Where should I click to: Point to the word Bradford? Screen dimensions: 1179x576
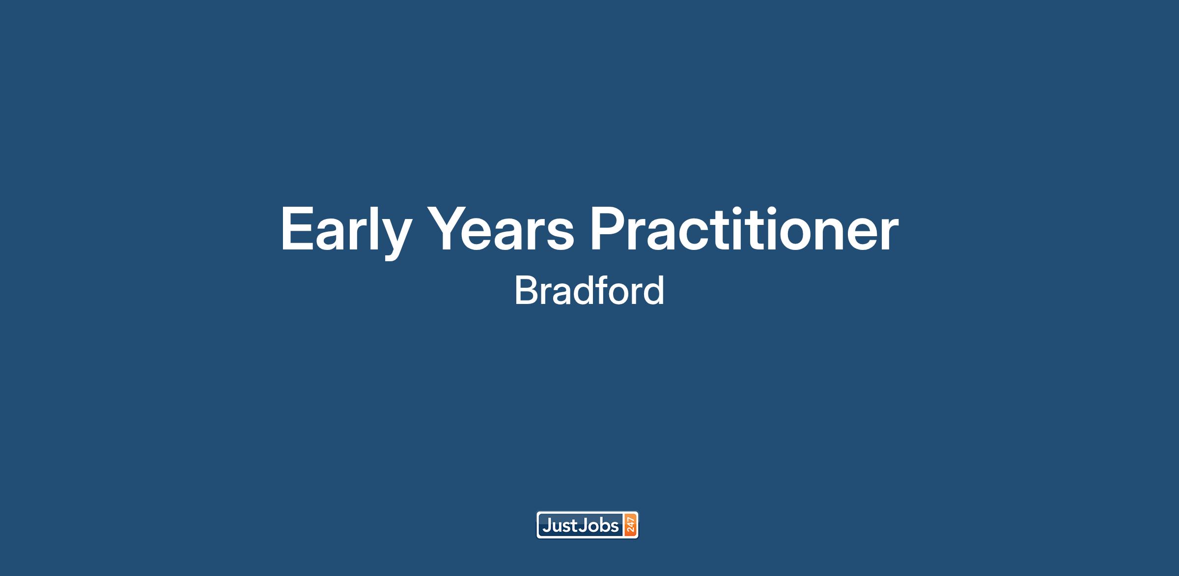coord(589,291)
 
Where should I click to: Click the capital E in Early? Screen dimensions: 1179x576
coord(298,229)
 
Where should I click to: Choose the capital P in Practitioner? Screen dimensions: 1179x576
coord(609,229)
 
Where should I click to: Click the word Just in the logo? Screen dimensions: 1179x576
coord(560,526)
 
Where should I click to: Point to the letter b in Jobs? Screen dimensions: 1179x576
coord(603,526)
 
